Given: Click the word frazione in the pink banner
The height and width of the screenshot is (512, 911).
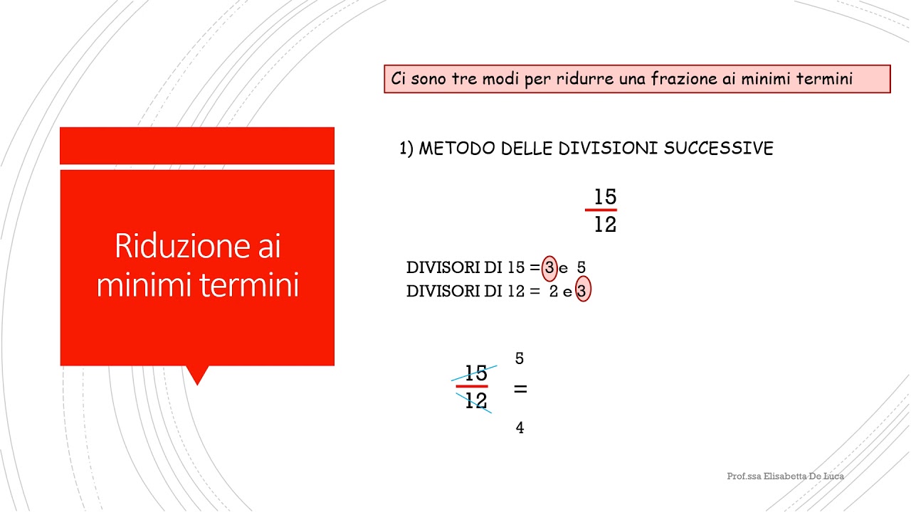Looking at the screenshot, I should (x=683, y=79).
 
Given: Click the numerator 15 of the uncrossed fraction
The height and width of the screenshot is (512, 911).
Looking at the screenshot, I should (x=605, y=197).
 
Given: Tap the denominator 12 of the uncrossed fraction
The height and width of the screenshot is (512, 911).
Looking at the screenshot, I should (x=605, y=225).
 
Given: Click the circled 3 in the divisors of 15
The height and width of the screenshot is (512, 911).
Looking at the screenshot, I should (x=549, y=268).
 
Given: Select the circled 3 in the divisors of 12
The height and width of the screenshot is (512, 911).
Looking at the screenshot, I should (x=583, y=291).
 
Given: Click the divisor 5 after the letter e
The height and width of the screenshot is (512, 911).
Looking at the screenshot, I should (x=581, y=268).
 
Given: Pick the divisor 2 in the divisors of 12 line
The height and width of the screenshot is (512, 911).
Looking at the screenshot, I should (x=553, y=291).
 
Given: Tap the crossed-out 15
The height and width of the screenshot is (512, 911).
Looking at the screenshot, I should (x=475, y=373).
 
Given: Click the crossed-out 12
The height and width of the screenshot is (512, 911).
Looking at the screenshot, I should (x=475, y=401).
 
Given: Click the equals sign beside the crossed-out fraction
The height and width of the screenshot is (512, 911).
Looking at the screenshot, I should (x=520, y=390).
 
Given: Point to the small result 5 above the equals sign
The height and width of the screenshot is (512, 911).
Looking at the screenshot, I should (x=520, y=359).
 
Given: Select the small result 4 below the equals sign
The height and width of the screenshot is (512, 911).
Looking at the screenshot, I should (x=520, y=428).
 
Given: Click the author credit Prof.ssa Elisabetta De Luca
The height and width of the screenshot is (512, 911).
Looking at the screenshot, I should (x=785, y=476).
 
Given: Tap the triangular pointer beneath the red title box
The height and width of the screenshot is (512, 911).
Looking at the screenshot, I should (x=196, y=374).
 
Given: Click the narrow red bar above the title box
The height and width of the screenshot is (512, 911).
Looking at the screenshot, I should (x=197, y=146).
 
